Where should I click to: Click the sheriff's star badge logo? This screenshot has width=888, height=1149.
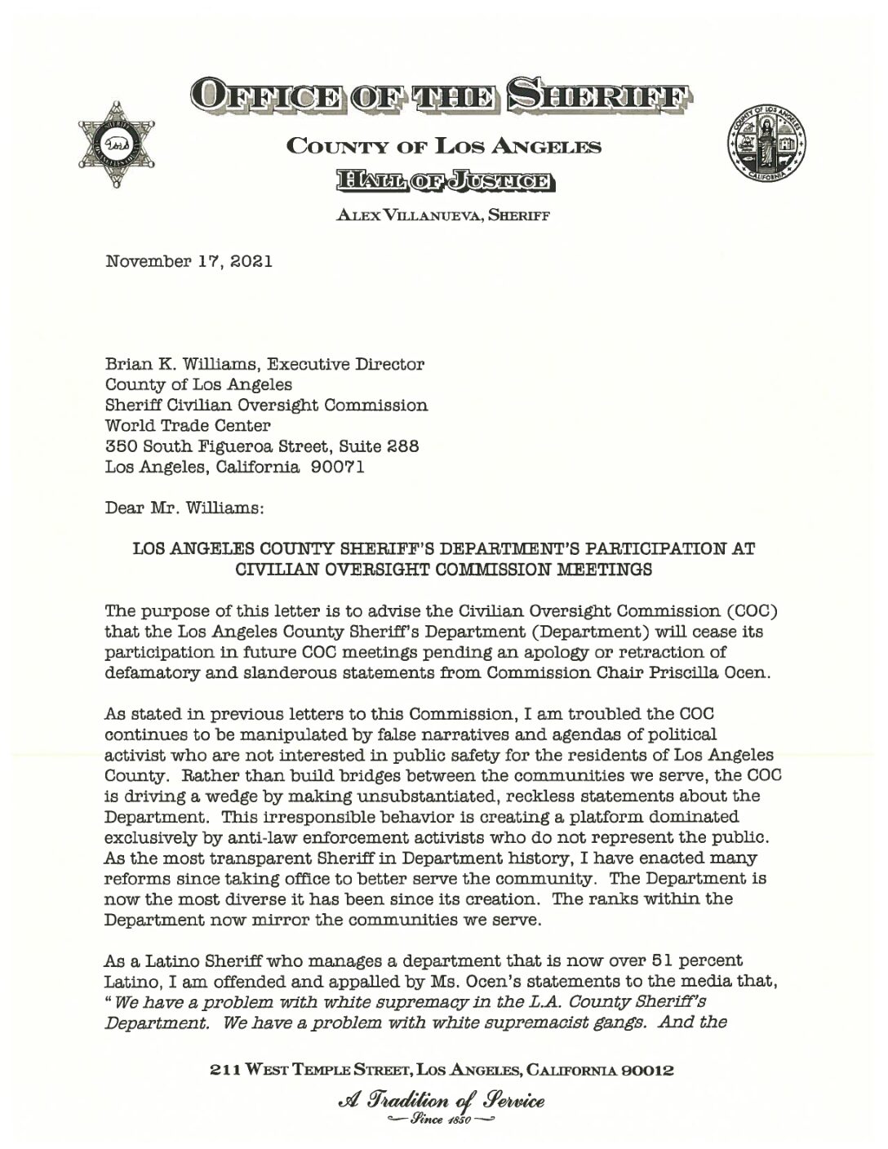(116, 145)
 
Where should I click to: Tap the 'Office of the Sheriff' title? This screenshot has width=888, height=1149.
(442, 97)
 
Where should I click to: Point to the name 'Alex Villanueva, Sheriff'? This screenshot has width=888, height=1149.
(443, 216)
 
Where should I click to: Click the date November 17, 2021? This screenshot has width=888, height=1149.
(189, 262)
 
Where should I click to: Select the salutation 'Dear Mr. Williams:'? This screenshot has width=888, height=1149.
(184, 508)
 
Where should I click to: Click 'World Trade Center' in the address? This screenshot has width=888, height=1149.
(188, 425)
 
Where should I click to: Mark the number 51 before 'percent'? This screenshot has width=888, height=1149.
(665, 960)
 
